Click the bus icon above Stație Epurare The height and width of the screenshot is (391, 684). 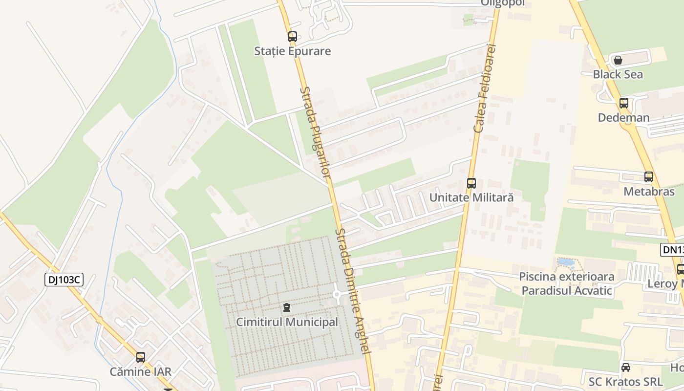(x=292, y=37)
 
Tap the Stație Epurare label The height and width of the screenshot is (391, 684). (x=292, y=51)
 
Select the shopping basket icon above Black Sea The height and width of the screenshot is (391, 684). (x=618, y=60)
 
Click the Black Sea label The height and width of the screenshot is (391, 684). (x=618, y=74)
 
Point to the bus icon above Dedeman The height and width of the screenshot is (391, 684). (x=623, y=103)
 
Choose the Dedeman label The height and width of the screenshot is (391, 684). (x=623, y=118)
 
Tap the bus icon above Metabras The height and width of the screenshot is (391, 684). (x=648, y=177)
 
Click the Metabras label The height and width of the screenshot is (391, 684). (x=648, y=192)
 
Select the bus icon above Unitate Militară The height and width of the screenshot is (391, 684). (x=471, y=183)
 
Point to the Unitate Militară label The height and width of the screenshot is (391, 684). (x=471, y=197)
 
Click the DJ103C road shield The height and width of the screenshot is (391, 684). (x=64, y=280)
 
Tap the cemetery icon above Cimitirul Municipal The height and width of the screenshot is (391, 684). (x=287, y=308)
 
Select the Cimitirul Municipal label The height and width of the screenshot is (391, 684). (x=287, y=322)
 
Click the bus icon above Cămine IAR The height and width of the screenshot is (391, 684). (x=141, y=357)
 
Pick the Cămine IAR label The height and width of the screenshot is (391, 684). (x=141, y=371)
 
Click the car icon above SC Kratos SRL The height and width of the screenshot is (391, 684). (x=625, y=368)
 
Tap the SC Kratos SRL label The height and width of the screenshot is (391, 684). (x=622, y=382)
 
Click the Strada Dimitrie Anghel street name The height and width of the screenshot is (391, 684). (x=354, y=291)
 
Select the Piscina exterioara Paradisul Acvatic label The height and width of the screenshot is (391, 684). (x=566, y=283)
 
